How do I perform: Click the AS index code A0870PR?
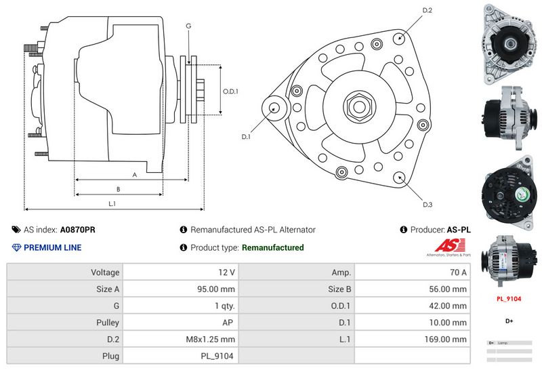tap(78, 230)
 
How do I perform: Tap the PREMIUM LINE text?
tap(52, 247)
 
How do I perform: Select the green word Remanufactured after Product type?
tap(272, 247)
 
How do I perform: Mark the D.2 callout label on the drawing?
tap(428, 10)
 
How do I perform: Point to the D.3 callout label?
tap(428, 205)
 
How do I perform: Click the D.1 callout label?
tap(247, 137)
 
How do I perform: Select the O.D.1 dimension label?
tap(230, 91)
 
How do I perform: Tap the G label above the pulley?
tap(188, 26)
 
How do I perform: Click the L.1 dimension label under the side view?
tap(112, 203)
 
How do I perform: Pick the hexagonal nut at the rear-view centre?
tap(358, 106)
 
